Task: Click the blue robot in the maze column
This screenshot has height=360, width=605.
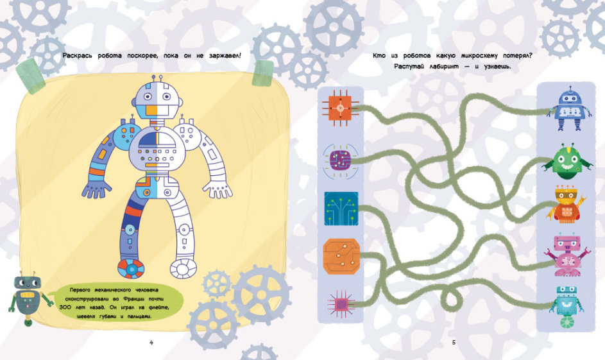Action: tap(569, 108)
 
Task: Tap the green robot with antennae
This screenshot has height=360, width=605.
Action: tap(568, 162)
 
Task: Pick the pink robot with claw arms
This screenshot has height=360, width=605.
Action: tap(566, 255)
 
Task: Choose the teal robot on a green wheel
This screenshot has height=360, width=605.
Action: tap(567, 307)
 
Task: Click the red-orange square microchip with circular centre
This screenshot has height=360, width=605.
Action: tap(340, 109)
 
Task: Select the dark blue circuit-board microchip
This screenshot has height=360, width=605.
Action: tap(341, 209)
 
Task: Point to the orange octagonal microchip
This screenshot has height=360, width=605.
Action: tap(341, 256)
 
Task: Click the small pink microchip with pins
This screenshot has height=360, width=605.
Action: tap(341, 304)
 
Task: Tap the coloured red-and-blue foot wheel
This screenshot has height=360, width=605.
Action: tap(131, 268)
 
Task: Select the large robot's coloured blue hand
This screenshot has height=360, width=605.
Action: tap(96, 189)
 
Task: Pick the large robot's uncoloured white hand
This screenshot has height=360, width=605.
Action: tap(218, 189)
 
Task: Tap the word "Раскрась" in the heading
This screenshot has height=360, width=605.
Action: tap(77, 56)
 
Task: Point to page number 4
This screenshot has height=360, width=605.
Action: tap(151, 342)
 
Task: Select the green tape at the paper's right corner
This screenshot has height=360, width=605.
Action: tap(262, 73)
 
